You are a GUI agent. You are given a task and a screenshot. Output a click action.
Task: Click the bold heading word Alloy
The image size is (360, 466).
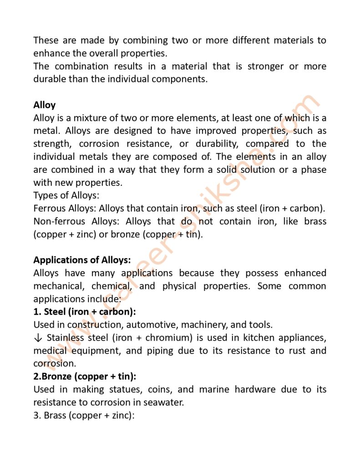pos(44,105)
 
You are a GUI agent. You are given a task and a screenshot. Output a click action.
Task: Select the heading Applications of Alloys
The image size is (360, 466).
pos(82,260)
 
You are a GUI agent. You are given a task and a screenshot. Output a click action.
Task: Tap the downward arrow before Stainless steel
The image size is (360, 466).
pos(38,338)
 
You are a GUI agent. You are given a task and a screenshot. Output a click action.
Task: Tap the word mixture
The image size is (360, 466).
pos(82,118)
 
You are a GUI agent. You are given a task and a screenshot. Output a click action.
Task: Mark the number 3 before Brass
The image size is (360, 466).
pos(36,415)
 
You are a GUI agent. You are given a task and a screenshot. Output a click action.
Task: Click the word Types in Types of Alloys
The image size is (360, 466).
pos(45,196)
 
